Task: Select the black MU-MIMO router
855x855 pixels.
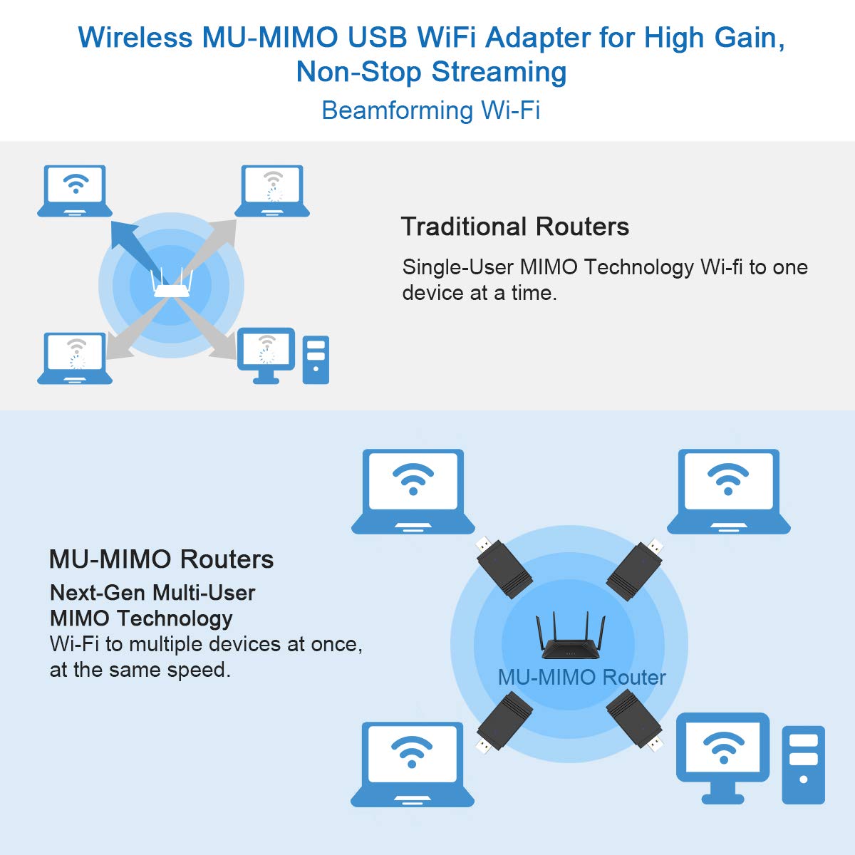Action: [570, 636]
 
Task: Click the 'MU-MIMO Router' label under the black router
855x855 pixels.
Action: [581, 678]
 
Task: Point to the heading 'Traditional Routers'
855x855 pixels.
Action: [515, 227]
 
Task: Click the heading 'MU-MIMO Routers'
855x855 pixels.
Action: [162, 559]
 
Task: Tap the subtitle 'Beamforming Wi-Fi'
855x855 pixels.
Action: [431, 110]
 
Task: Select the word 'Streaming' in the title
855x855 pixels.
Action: [499, 72]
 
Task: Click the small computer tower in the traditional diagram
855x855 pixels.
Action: [316, 360]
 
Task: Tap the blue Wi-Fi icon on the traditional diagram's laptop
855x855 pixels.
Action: [76, 183]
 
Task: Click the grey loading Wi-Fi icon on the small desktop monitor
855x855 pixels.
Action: [266, 349]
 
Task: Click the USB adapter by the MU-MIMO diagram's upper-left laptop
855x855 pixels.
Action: [504, 568]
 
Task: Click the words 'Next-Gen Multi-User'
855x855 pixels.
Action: [152, 593]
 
